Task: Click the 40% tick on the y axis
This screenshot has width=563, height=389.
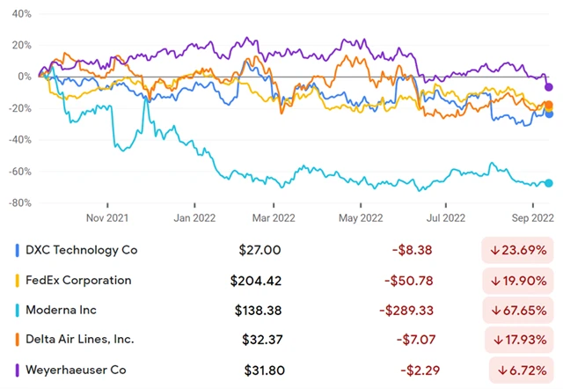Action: point(21,14)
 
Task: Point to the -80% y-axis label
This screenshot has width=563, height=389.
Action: point(19,203)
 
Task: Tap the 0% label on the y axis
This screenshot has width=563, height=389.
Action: point(25,77)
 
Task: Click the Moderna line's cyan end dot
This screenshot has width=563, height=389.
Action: point(549,183)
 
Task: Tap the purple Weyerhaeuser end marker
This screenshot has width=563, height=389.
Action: point(549,86)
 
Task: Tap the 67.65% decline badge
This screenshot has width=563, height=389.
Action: point(520,310)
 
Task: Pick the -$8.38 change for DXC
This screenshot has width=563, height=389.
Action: point(423,250)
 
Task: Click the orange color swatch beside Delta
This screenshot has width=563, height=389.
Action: point(18,340)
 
